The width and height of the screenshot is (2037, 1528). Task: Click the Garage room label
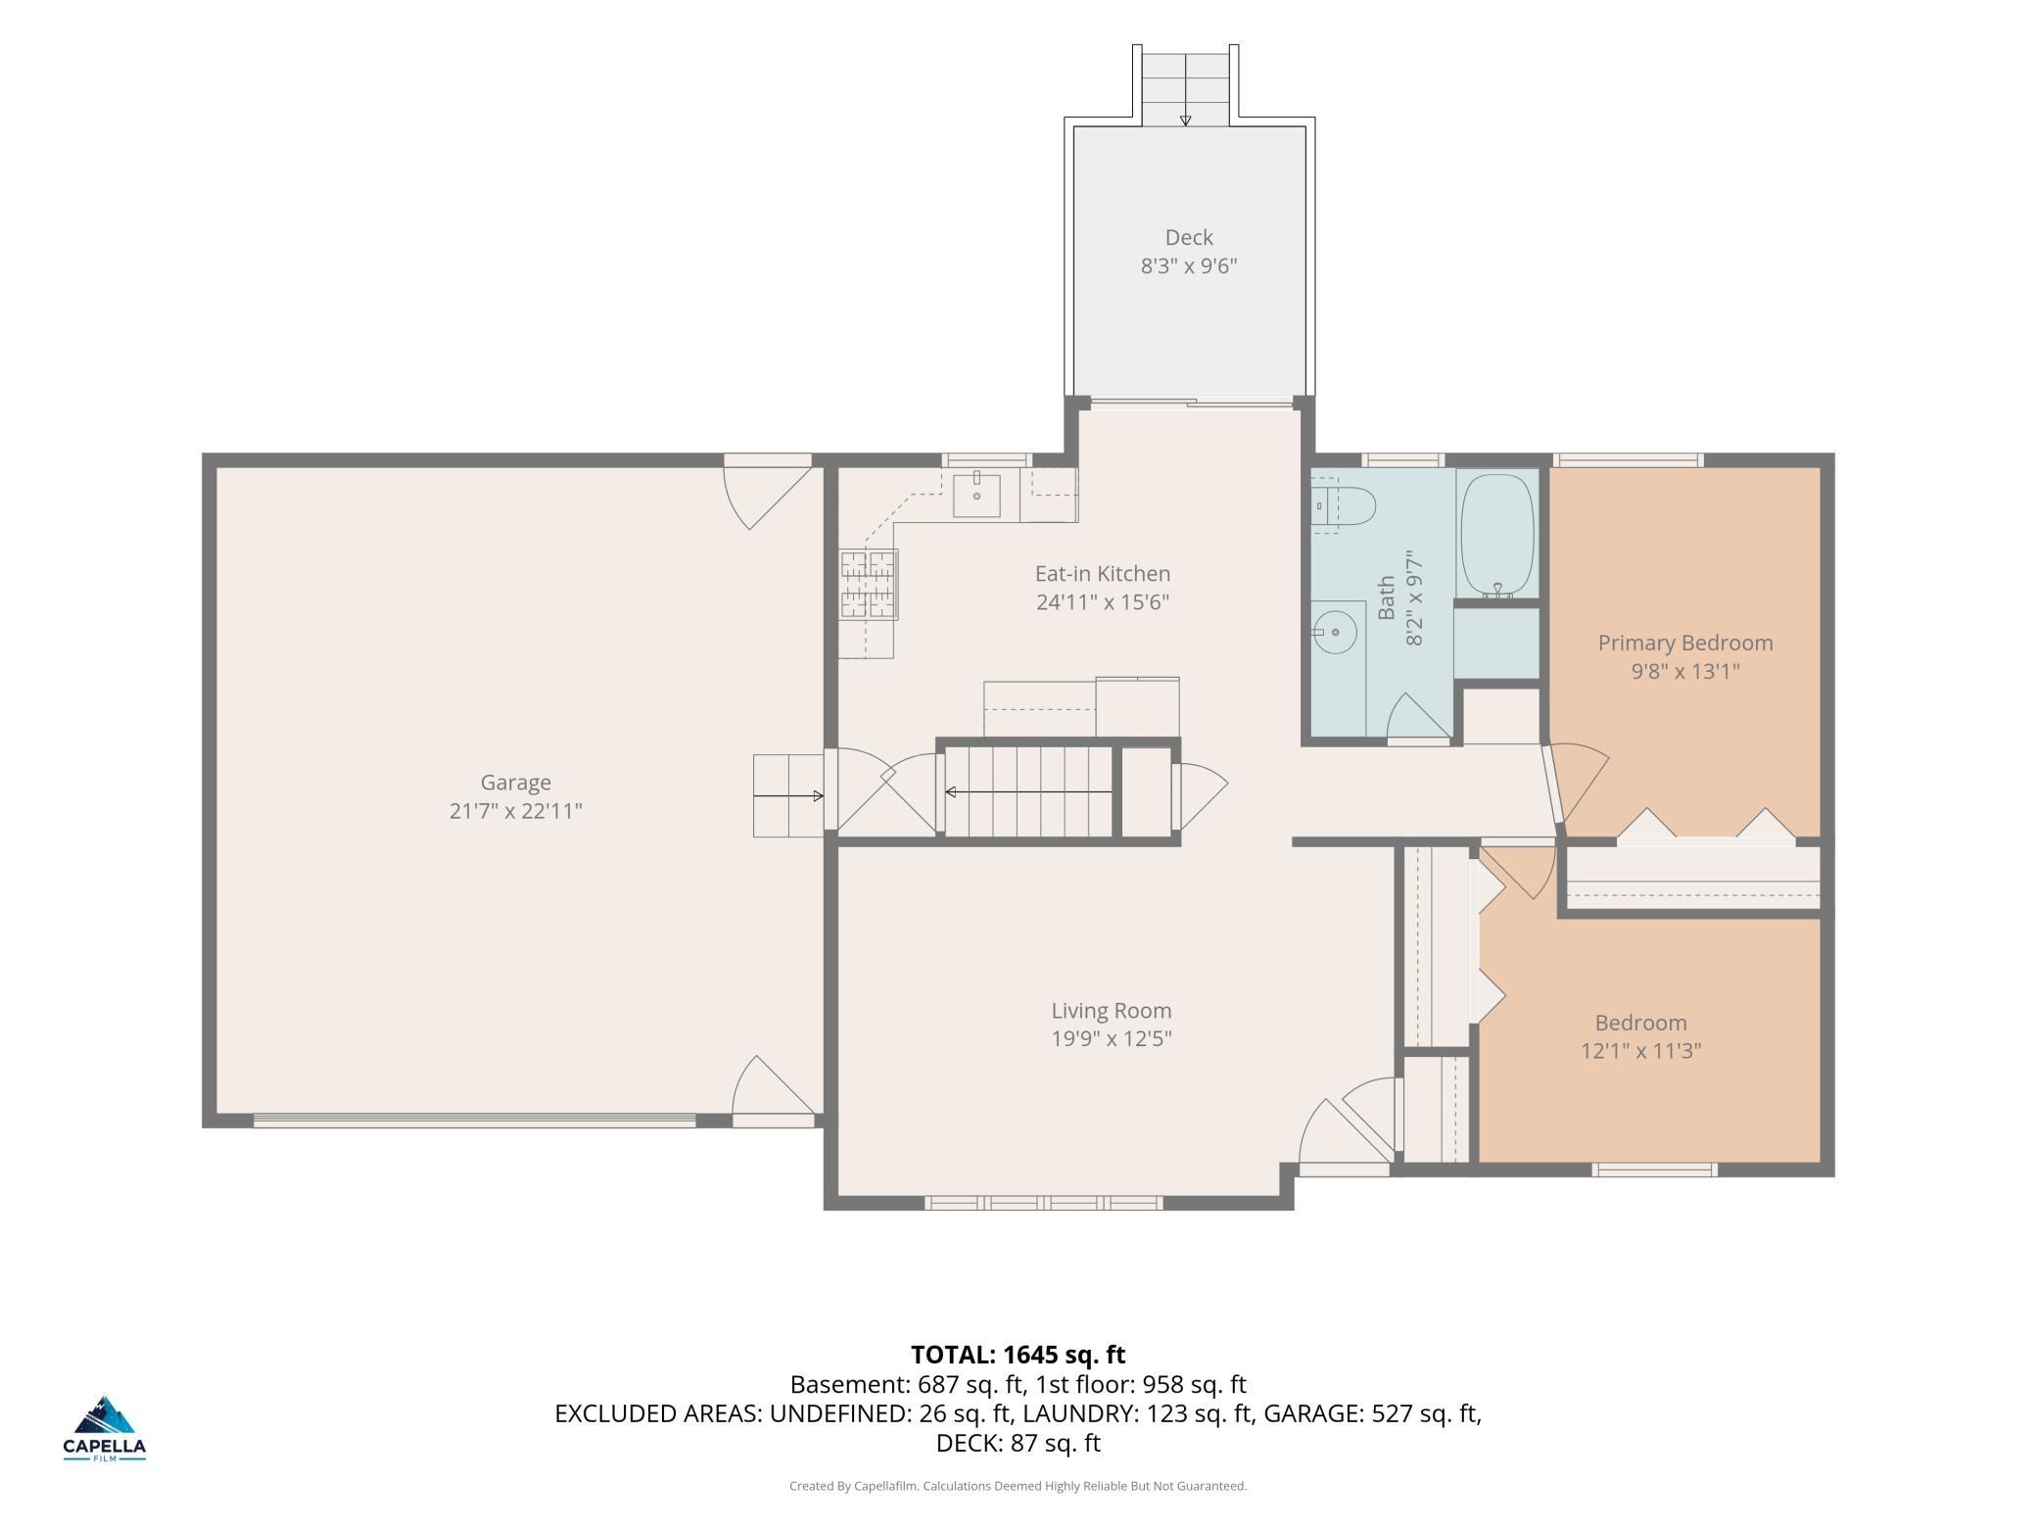tap(515, 782)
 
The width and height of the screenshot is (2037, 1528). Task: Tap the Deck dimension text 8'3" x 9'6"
tap(1189, 265)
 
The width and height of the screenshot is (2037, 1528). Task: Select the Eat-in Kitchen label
tap(1103, 573)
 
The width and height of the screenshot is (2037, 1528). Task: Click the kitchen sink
tap(977, 496)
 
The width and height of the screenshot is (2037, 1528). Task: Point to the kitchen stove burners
tap(869, 584)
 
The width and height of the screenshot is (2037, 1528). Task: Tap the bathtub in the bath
tap(1496, 536)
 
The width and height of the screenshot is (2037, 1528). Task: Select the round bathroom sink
tap(1336, 633)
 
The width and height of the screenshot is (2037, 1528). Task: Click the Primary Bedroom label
tap(1685, 643)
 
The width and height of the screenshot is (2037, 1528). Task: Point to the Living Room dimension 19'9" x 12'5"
tap(1112, 1038)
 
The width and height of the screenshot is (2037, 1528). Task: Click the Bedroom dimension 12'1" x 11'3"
tap(1641, 1051)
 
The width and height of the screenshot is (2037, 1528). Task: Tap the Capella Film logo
tap(105, 1428)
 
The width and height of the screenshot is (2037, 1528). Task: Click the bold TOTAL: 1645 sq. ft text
tap(1018, 1355)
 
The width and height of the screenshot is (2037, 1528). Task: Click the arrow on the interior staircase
tap(1028, 791)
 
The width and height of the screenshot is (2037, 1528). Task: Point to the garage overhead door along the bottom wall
tap(475, 1121)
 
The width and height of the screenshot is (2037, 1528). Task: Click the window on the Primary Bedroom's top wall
tap(1629, 460)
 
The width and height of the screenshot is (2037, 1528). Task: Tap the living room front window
tap(1044, 1203)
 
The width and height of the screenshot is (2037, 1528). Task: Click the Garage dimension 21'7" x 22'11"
tap(515, 811)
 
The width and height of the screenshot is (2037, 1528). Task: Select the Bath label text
tap(1387, 597)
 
